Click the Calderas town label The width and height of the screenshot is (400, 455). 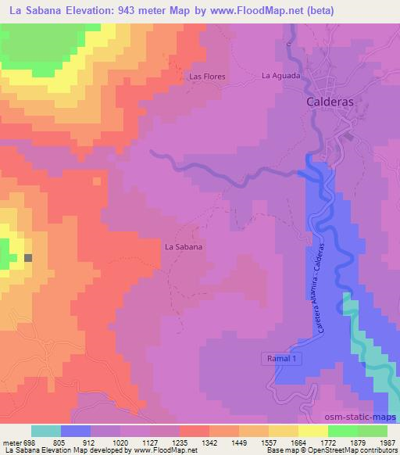[x=330, y=102]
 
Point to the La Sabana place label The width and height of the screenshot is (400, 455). [x=184, y=246]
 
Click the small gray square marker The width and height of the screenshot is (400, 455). [x=29, y=257]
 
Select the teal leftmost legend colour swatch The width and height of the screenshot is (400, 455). [x=46, y=431]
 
